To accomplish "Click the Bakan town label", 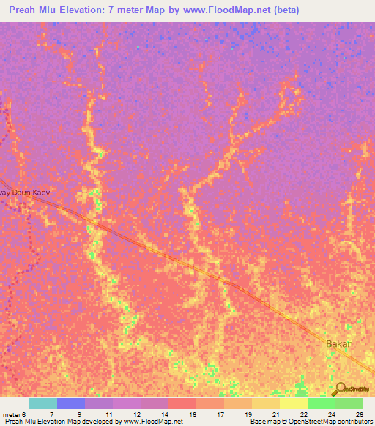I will tap(339, 344).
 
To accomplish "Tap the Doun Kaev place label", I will tap(26, 192).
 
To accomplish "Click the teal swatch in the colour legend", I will tap(43, 403).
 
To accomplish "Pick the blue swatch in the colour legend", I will tap(71, 403).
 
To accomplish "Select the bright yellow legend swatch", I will tap(293, 403).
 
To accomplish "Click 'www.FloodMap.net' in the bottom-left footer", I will tap(153, 422).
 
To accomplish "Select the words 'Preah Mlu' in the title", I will tap(31, 10).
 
